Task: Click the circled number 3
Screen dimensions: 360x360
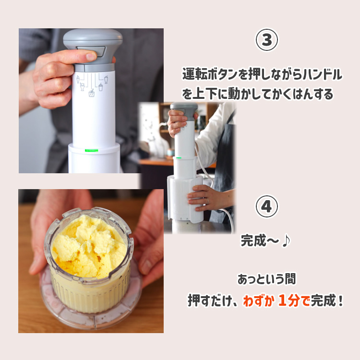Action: (266, 40)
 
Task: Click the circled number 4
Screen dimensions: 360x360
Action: (266, 206)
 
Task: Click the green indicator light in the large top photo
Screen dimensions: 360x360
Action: (91, 151)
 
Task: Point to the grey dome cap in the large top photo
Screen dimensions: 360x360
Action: (93, 40)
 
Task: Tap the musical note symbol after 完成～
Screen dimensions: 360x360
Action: (286, 241)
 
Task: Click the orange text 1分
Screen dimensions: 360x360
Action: (288, 300)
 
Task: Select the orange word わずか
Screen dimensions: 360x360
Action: (259, 301)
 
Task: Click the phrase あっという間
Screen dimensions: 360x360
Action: (266, 279)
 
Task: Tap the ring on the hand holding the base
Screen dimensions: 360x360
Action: (207, 201)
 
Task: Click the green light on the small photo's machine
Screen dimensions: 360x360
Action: (179, 158)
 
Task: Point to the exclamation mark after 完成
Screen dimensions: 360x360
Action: (340, 300)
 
